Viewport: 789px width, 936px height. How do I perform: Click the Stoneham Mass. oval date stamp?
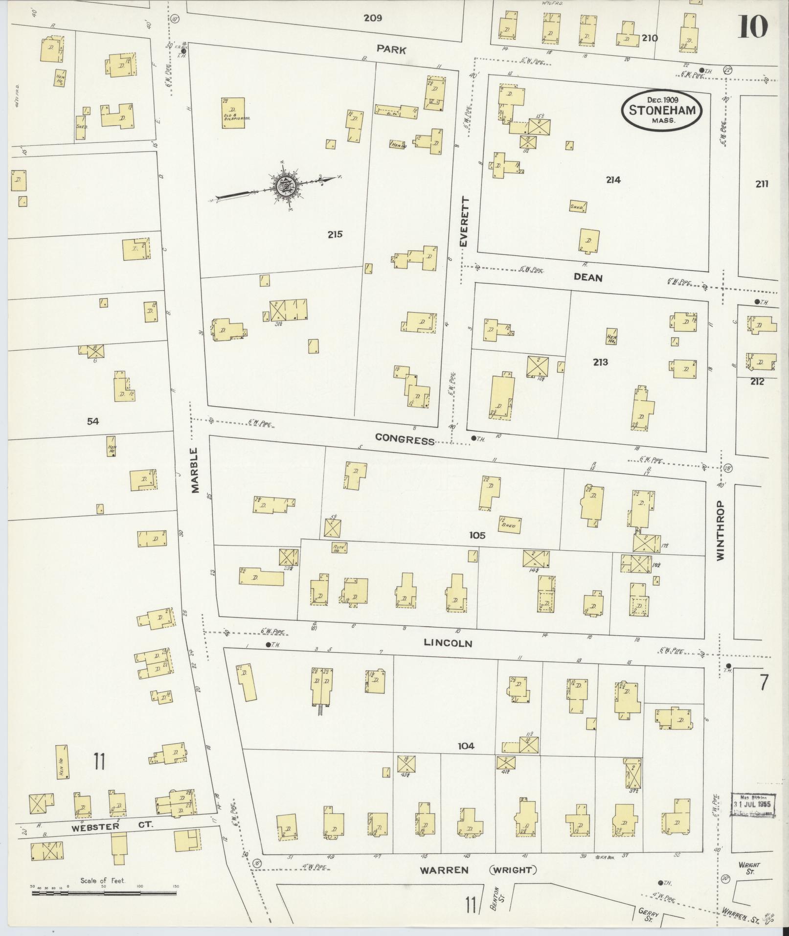[x=662, y=110]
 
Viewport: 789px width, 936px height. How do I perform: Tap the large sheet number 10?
[x=753, y=26]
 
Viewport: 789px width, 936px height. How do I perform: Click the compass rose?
[x=284, y=185]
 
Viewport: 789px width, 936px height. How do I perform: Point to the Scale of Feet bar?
[x=104, y=893]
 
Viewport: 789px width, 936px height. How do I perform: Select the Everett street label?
[x=464, y=222]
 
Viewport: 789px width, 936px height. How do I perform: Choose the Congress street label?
[x=405, y=439]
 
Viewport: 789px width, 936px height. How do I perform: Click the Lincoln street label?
[x=448, y=642]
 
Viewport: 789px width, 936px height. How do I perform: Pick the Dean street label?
[x=588, y=277]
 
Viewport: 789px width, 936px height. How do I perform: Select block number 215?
[x=335, y=234]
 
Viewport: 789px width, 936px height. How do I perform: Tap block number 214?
[x=613, y=180]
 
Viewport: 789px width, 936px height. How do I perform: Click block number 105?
[x=477, y=535]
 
